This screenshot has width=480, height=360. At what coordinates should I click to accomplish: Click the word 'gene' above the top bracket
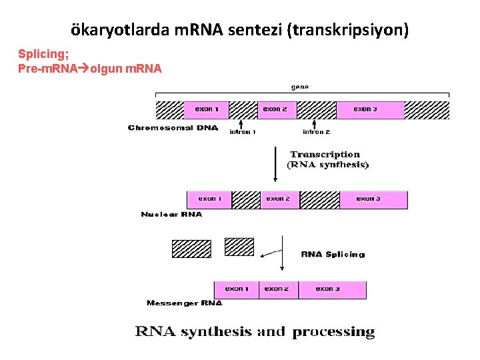[x=299, y=86]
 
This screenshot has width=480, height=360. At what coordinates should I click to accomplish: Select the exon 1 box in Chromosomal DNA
[x=211, y=109]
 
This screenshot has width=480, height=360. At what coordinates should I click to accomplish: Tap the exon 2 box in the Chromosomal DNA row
[x=277, y=109]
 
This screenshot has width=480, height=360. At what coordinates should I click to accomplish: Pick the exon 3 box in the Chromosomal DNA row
[x=370, y=109]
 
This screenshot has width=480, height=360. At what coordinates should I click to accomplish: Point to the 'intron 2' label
[x=316, y=132]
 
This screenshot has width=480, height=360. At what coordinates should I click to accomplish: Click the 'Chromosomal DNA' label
[x=173, y=127]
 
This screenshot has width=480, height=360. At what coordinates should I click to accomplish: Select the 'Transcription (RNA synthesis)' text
[x=327, y=159]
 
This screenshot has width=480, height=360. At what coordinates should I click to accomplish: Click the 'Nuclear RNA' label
[x=171, y=215]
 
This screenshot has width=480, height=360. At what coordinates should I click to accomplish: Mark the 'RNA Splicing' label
[x=333, y=254]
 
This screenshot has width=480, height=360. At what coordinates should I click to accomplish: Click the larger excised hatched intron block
[x=191, y=249]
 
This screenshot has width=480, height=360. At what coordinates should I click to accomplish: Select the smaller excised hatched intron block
[x=239, y=247]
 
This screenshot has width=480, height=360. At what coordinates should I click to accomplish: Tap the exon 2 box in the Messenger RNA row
[x=278, y=289]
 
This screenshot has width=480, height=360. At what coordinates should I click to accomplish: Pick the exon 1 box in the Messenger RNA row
[x=236, y=289]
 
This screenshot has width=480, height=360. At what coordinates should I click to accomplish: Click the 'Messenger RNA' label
[x=185, y=303]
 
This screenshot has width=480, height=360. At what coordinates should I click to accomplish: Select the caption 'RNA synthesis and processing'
[x=255, y=331]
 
